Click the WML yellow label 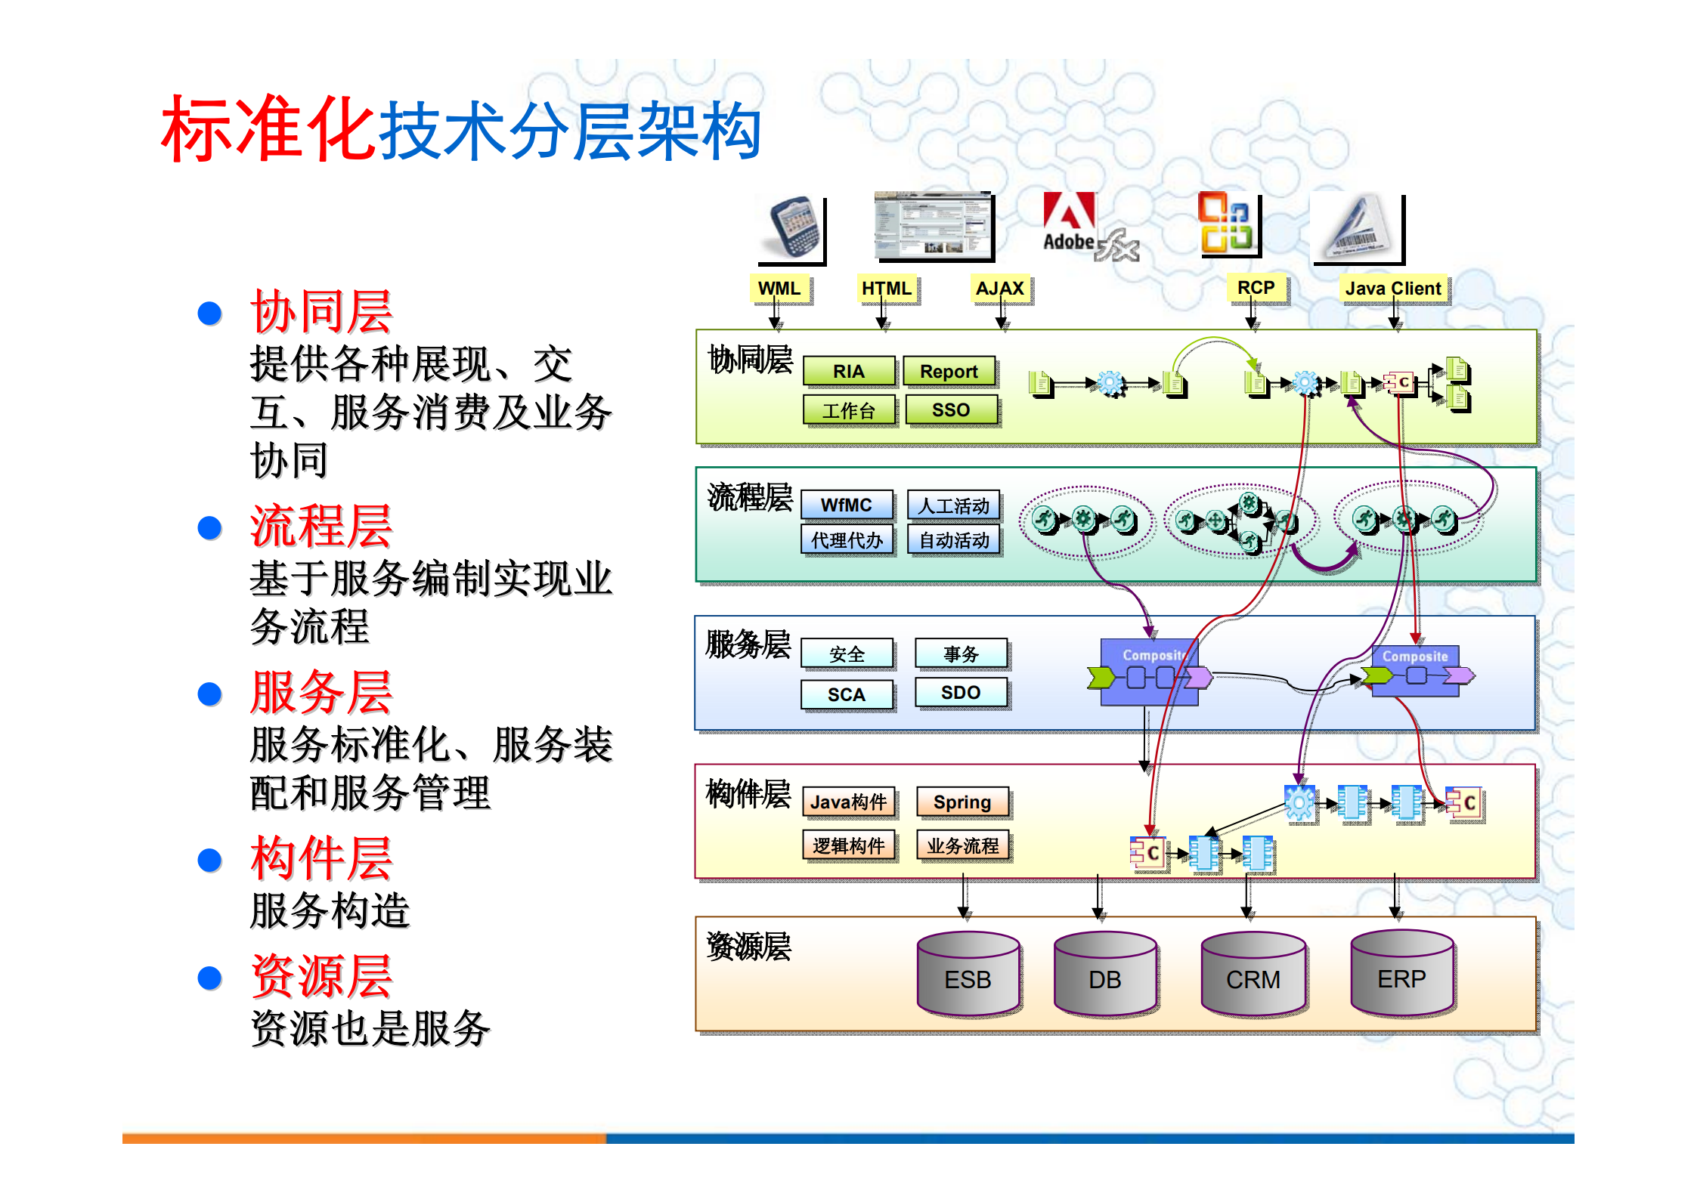point(779,289)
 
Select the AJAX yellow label point(999,289)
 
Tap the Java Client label point(1393,289)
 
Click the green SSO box point(950,409)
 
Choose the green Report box point(949,371)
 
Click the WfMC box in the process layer point(847,505)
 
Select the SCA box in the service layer point(847,694)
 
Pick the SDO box point(961,692)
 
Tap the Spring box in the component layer point(962,802)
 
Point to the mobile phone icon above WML point(791,227)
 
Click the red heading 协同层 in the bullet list point(321,311)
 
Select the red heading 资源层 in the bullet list point(321,976)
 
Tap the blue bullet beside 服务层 point(209,694)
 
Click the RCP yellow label point(1256,288)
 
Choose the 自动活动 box point(954,540)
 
